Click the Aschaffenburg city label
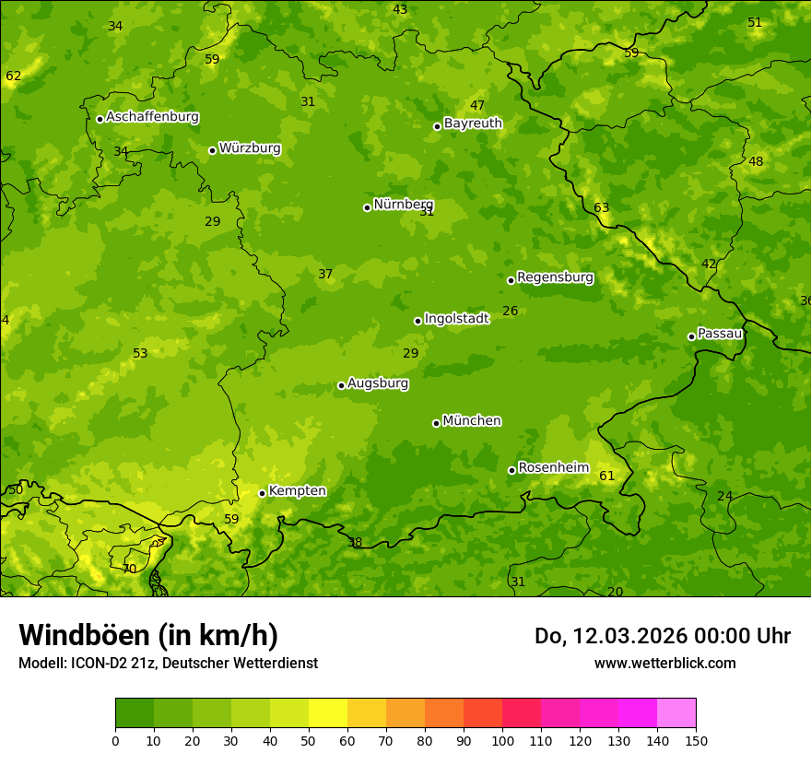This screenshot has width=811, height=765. (x=152, y=117)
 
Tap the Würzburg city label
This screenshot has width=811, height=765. (x=250, y=148)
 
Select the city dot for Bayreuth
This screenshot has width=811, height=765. (x=438, y=126)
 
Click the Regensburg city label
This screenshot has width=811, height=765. (x=555, y=277)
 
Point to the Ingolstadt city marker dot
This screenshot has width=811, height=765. (x=418, y=321)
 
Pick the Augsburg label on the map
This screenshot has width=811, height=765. (x=378, y=383)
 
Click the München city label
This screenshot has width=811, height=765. (x=472, y=421)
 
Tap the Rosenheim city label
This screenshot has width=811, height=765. (x=553, y=468)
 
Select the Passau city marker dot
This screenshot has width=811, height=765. (x=691, y=336)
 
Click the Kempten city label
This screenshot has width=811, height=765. (x=297, y=491)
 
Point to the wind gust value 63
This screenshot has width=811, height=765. (x=602, y=208)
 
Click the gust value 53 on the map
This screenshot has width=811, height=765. (x=140, y=354)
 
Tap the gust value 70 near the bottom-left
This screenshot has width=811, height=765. (x=129, y=570)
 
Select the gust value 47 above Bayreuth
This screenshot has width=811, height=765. (x=477, y=106)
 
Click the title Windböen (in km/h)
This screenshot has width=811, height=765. (x=148, y=636)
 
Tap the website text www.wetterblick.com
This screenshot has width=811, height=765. (x=664, y=664)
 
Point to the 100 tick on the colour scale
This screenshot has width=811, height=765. (x=502, y=741)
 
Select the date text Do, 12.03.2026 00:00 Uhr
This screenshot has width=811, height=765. (x=662, y=636)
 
